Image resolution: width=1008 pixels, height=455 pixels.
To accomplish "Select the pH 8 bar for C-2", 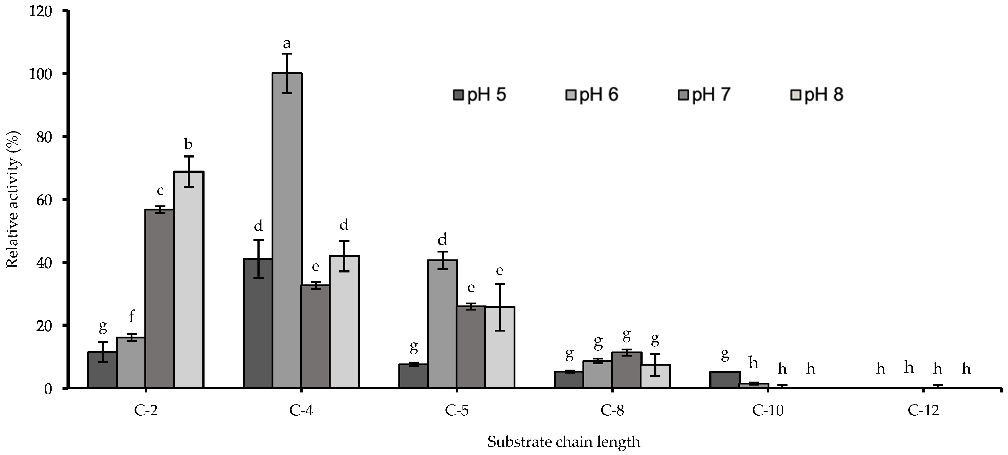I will (189, 280).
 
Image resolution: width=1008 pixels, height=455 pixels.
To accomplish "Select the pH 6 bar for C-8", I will (598, 374).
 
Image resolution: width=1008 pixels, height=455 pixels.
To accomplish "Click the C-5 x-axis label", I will (456, 411).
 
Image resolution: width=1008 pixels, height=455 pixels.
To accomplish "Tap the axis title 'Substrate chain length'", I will (564, 442).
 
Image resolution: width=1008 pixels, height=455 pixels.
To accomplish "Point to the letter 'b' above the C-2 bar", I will (188, 144).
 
